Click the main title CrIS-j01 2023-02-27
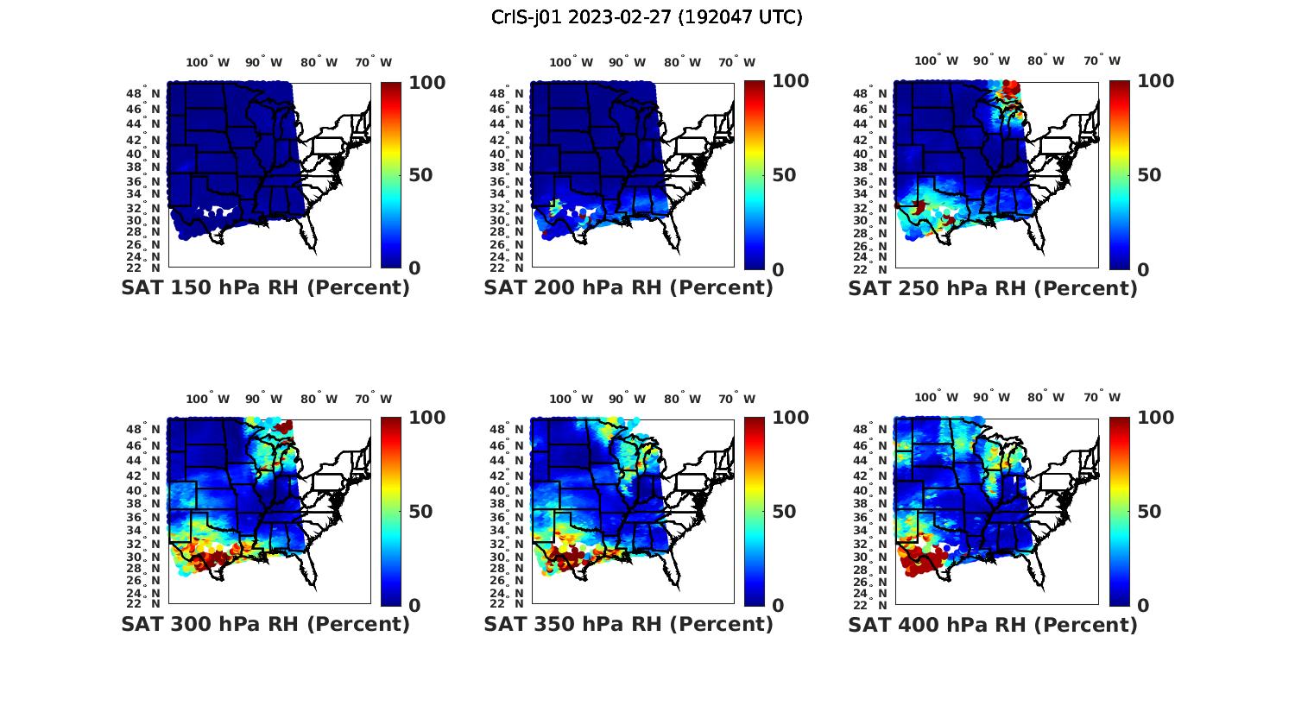tap(647, 17)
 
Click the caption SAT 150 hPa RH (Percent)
tap(265, 288)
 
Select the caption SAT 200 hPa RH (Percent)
tap(629, 288)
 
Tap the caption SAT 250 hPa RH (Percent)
tap(992, 288)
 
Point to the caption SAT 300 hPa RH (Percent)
tap(265, 624)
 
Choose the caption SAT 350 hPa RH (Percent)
tap(629, 624)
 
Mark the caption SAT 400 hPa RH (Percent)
tap(992, 624)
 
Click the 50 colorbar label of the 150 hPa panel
tap(420, 175)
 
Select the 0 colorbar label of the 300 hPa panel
tap(414, 606)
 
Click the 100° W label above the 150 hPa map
tap(208, 62)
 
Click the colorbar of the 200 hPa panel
tap(754, 175)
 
